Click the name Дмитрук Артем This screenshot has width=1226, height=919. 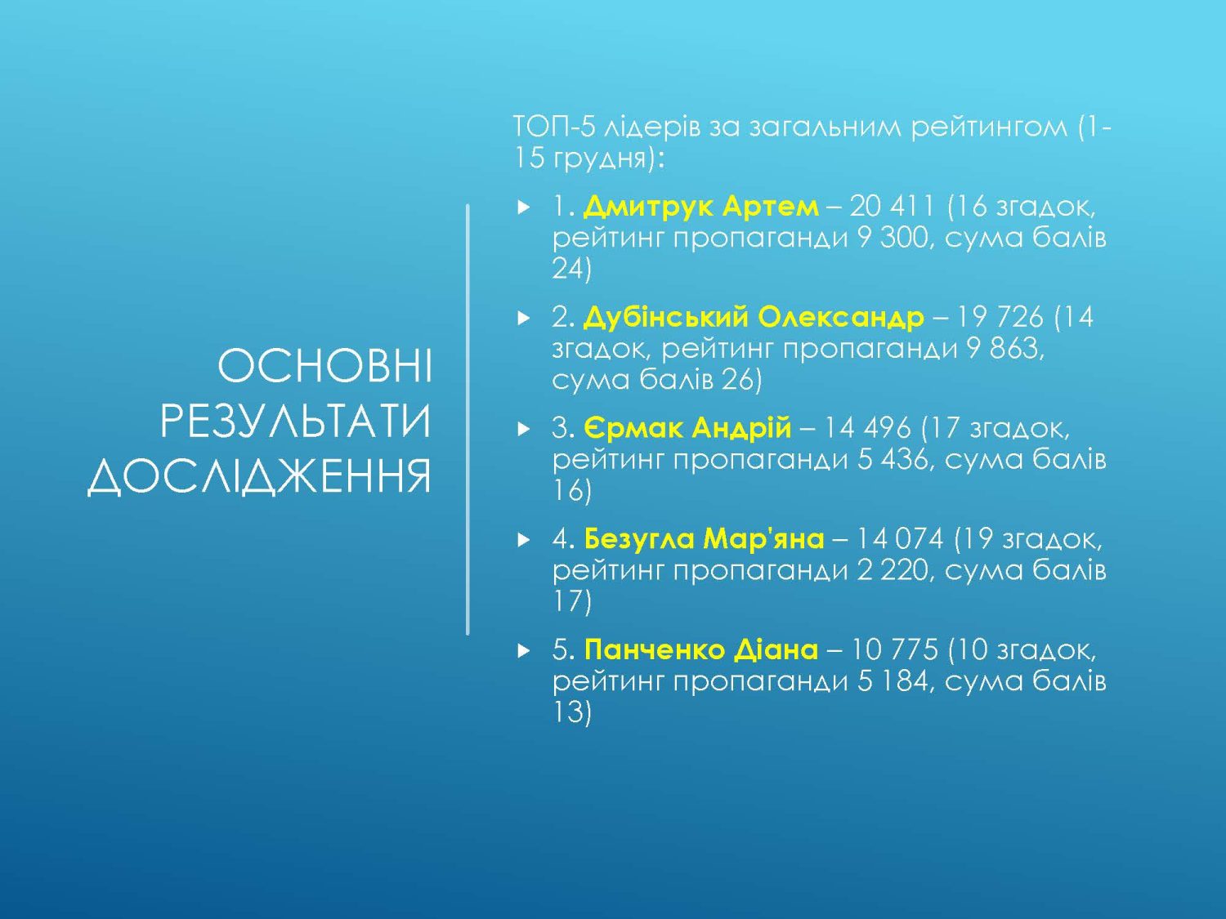[701, 207]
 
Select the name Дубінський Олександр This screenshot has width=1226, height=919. [754, 318]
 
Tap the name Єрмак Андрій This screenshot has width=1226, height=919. [687, 428]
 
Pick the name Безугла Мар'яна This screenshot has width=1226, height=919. [704, 538]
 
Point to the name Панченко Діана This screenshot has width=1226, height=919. [701, 649]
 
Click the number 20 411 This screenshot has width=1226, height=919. [892, 207]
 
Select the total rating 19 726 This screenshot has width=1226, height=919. [1000, 318]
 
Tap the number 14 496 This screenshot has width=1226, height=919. [868, 428]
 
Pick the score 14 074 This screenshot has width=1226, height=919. [900, 539]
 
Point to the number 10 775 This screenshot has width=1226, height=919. [893, 649]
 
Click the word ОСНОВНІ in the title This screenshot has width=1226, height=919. [324, 367]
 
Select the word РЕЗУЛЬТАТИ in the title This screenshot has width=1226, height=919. [296, 422]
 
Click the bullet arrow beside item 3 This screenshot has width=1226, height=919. [523, 429]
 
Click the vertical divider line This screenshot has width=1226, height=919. [468, 420]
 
